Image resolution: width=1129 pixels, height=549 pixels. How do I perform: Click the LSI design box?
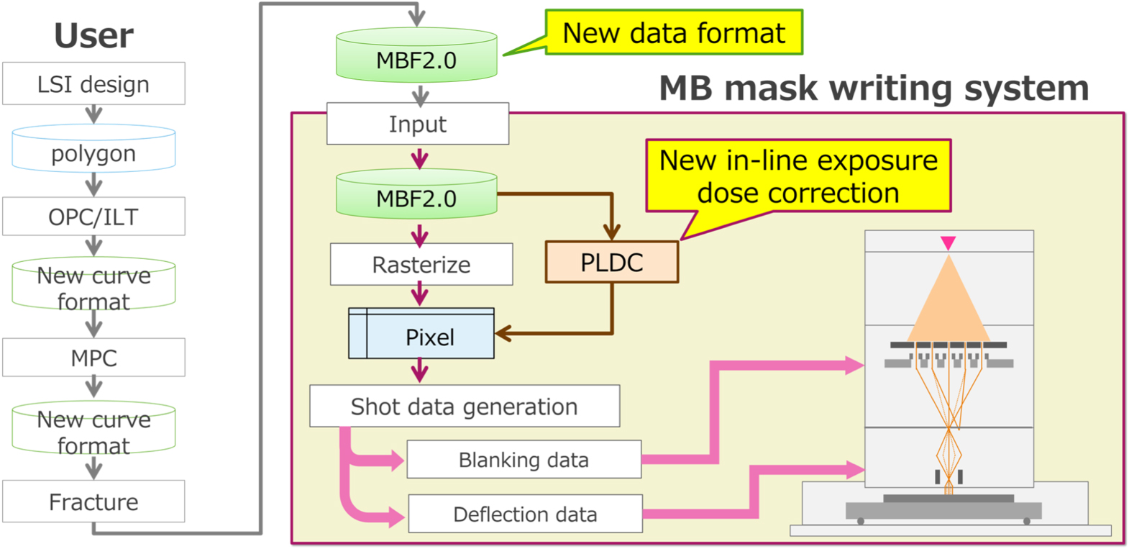pos(93,84)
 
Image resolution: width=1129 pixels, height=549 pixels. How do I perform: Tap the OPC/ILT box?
pos(93,217)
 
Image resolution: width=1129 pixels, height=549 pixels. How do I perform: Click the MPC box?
pos(93,358)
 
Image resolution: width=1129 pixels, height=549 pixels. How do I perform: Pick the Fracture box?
pos(93,502)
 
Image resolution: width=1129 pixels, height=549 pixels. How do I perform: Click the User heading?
pos(93,35)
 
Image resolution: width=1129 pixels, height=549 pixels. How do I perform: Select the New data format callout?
pos(673,33)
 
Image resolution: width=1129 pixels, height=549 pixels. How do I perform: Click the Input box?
pos(418,124)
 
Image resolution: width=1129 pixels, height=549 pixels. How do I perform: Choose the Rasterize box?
pos(421,265)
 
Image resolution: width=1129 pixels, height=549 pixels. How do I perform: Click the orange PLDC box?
pos(611,263)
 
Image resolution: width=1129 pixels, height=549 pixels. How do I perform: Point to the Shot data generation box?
pos(464,407)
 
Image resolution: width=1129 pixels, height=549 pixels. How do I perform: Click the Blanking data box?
pos(524,460)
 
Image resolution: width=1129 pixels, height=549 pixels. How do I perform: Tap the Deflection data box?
pos(525,514)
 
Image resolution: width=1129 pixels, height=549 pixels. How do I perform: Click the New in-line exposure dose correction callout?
pos(798,176)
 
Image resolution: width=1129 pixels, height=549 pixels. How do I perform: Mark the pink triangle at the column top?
pos(948,243)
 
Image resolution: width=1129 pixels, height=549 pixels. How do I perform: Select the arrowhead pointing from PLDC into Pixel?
pos(503,333)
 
